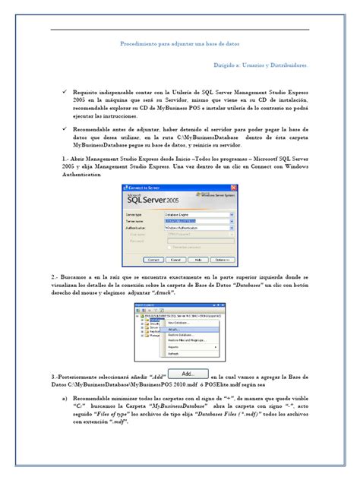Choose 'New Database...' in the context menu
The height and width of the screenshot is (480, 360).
(179, 324)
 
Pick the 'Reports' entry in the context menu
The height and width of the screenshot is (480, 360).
(174, 348)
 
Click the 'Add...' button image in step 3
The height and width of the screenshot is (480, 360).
(188, 374)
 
